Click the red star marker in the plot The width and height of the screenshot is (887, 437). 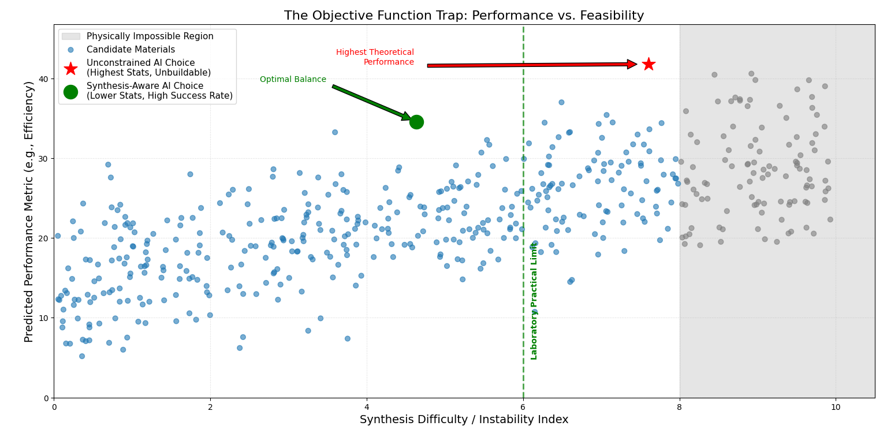(649, 64)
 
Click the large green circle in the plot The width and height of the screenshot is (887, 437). (416, 122)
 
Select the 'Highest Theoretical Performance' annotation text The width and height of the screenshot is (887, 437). (375, 57)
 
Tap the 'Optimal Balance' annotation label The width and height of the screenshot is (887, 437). (293, 80)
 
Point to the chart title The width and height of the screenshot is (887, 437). (464, 16)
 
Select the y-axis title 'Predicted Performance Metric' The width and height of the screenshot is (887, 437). (29, 211)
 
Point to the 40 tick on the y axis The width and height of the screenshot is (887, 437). (43, 79)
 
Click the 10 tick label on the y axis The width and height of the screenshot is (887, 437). (43, 318)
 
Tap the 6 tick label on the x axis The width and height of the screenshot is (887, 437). (523, 406)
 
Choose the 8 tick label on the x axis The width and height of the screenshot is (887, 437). (680, 406)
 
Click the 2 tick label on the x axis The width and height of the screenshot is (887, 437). (210, 406)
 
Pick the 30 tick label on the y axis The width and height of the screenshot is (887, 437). (43, 159)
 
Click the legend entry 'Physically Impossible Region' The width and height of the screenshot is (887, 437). (150, 36)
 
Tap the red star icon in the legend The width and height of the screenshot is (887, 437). (70, 68)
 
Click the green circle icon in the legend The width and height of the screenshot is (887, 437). (70, 91)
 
